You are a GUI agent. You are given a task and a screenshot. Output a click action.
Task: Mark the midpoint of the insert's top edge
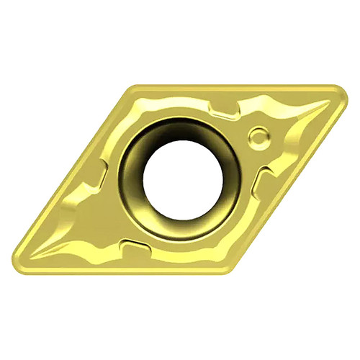click(x=234, y=87)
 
